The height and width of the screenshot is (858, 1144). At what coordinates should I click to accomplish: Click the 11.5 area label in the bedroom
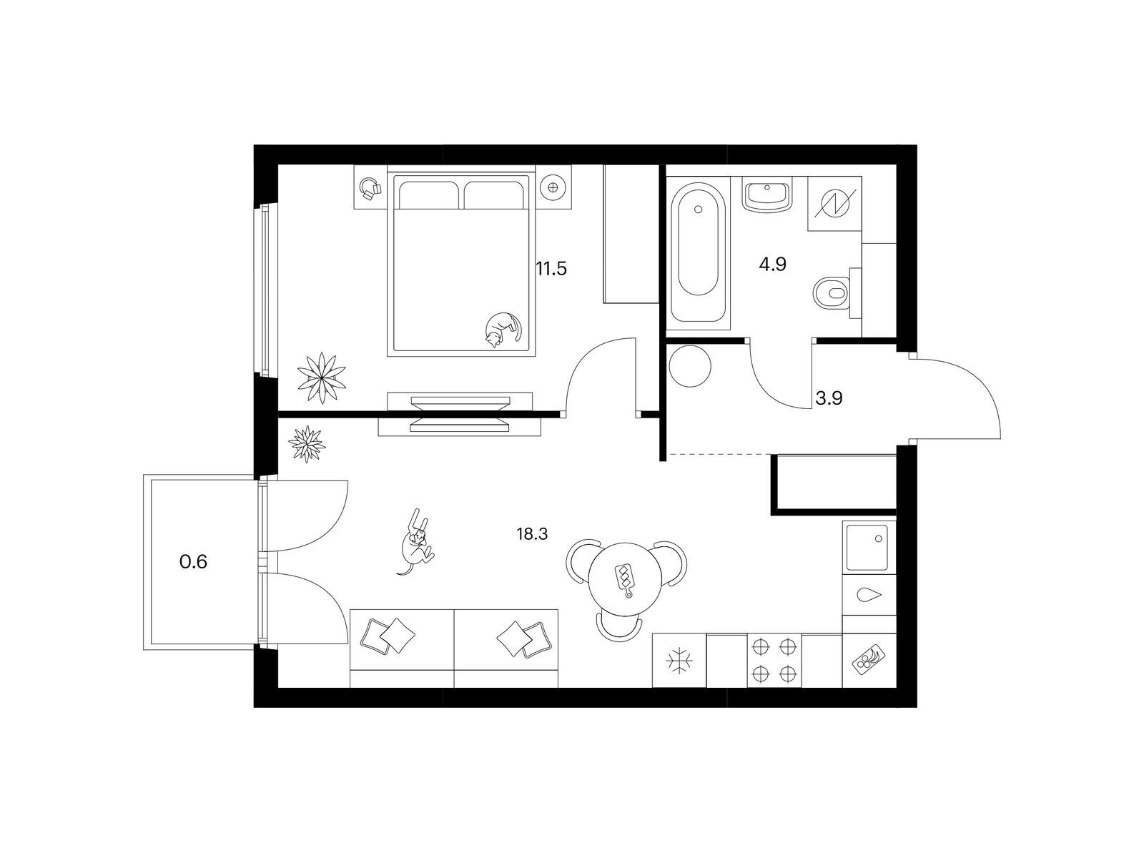tap(551, 270)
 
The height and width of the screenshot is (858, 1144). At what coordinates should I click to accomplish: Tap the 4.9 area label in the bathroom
tap(772, 265)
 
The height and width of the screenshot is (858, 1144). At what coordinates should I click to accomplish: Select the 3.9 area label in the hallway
tap(829, 398)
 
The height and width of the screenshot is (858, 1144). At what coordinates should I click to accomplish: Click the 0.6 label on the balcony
tap(193, 561)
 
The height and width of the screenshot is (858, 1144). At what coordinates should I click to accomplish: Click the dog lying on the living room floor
tap(416, 542)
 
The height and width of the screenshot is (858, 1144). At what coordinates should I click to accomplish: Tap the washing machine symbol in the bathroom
tap(834, 203)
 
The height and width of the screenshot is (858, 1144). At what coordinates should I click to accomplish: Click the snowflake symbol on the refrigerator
tap(680, 661)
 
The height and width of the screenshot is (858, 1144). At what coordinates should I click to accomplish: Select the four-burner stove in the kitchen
tap(774, 660)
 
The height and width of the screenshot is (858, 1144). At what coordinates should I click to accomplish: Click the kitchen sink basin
tap(868, 547)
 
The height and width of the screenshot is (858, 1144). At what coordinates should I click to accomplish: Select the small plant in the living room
tap(307, 444)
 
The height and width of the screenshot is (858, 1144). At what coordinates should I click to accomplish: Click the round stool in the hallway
tap(690, 366)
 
